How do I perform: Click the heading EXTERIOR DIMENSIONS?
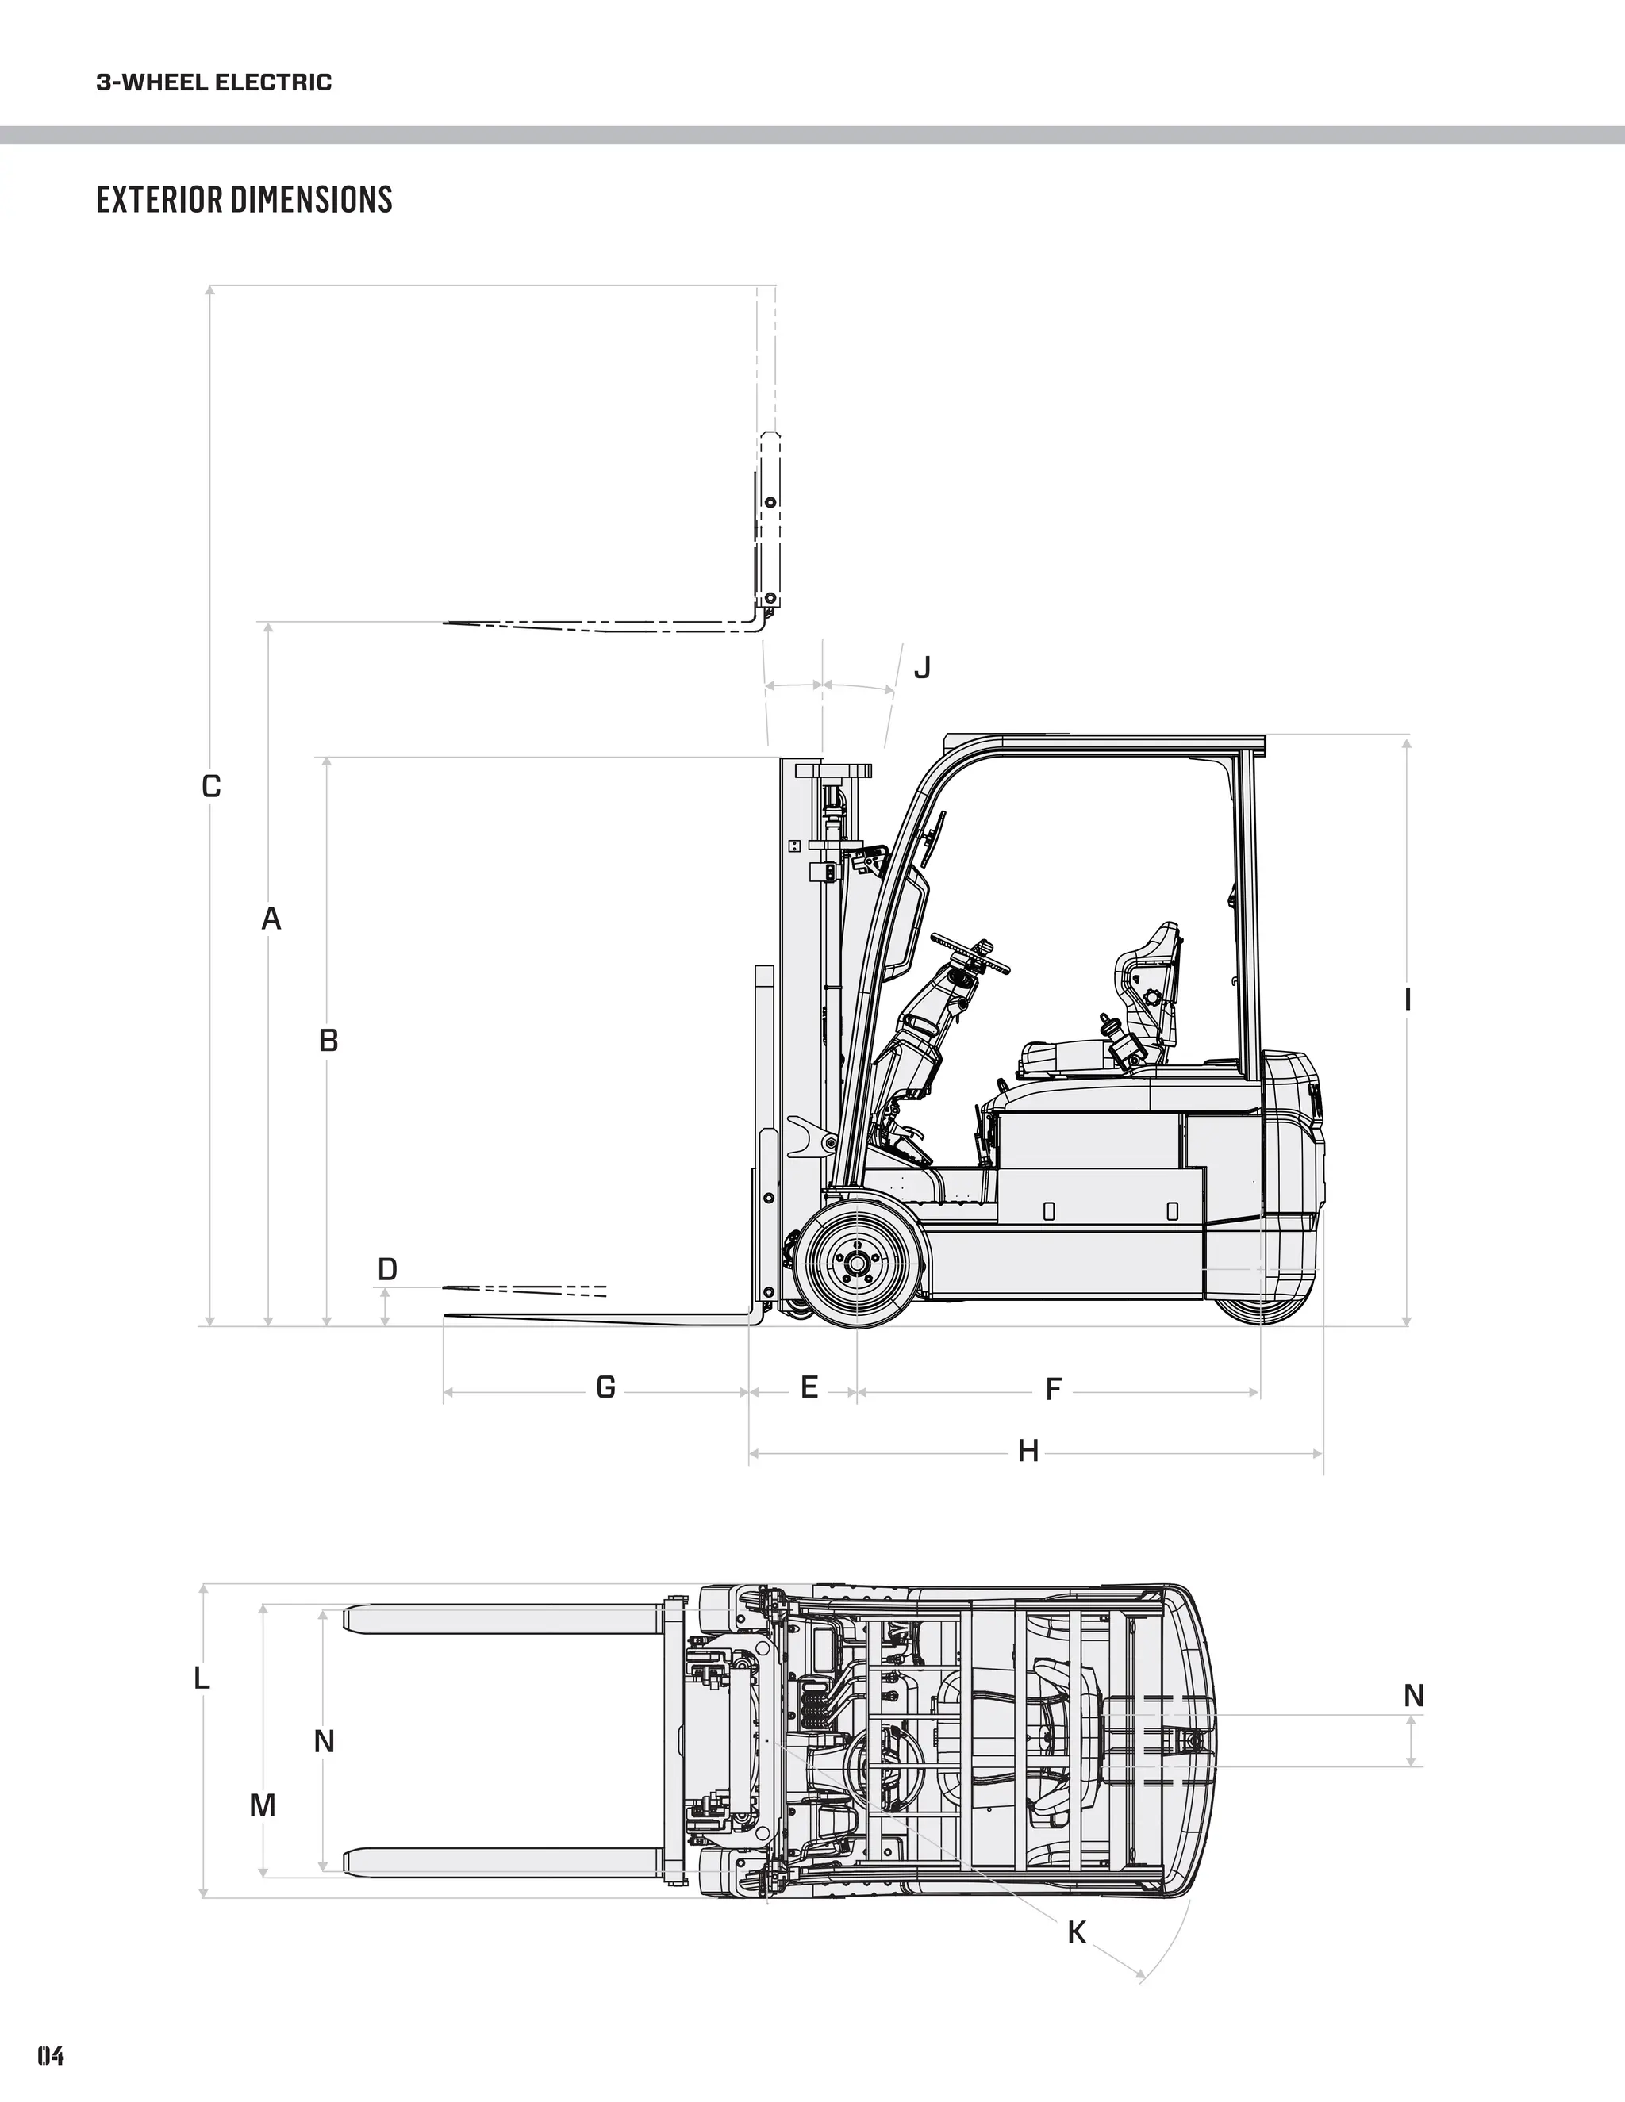(244, 199)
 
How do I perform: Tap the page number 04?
(51, 2055)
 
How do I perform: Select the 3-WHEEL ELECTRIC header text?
(213, 82)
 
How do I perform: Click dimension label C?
(211, 786)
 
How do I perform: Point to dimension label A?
(271, 919)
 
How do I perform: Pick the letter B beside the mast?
(328, 1041)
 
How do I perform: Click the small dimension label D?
(387, 1269)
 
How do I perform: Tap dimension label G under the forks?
(605, 1387)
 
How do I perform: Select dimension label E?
(809, 1387)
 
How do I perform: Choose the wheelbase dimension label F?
(1053, 1389)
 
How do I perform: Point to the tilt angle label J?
(922, 667)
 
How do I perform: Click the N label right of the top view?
(1413, 1695)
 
